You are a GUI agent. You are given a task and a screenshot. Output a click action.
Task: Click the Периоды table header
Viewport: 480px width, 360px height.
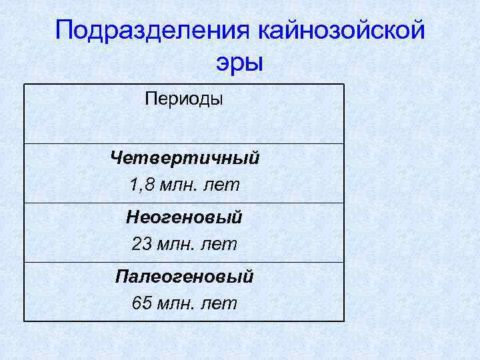click(184, 99)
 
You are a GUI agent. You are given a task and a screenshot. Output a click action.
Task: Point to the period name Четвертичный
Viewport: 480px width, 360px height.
click(185, 159)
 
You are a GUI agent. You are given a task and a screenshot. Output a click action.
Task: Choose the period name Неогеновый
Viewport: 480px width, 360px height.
click(185, 218)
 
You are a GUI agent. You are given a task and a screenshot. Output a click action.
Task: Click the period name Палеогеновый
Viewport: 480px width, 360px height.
click(185, 277)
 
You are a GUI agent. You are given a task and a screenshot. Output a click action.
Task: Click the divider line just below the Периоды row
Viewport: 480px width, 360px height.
click(184, 143)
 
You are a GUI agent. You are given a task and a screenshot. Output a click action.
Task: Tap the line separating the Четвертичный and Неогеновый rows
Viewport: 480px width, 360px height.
click(184, 203)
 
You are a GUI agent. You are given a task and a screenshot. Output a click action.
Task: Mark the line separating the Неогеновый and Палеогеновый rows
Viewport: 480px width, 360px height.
click(184, 262)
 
